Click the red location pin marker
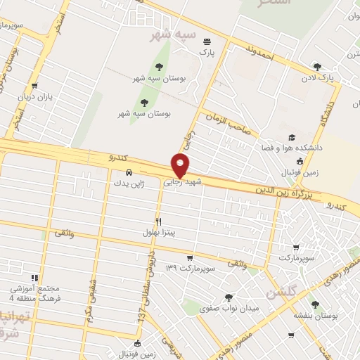pyautogui.click(x=181, y=165)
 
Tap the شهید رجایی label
pyautogui.click(x=183, y=181)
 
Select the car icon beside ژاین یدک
pyautogui.click(x=128, y=172)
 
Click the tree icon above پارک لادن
pyautogui.click(x=317, y=67)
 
